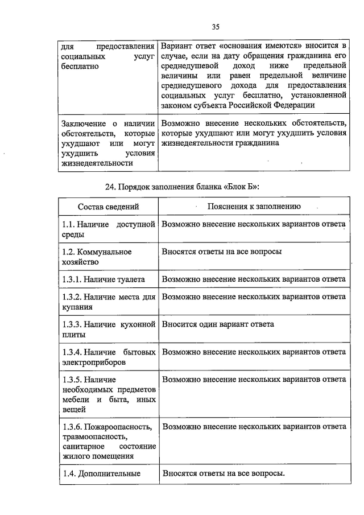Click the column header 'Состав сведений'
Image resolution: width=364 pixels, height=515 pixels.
[x=108, y=207]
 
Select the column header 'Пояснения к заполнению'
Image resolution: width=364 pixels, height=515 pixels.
[x=254, y=207]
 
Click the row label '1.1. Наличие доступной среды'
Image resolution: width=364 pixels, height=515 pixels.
[x=108, y=229]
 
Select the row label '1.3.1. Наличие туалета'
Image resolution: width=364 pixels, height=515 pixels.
[x=104, y=279]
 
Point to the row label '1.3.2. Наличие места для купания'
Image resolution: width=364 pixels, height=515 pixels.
[x=108, y=302]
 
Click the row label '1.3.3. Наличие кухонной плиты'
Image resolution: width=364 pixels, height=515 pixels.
[x=108, y=329]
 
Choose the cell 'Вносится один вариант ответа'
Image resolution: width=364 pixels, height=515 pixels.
[x=218, y=324]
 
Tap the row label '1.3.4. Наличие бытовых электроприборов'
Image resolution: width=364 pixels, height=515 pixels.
[x=108, y=357]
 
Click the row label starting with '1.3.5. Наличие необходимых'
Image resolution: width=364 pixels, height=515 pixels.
[x=108, y=393]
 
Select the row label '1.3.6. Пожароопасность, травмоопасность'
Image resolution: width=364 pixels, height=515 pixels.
[x=108, y=441]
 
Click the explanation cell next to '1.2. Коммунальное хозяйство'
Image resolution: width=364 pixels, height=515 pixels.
[x=222, y=252]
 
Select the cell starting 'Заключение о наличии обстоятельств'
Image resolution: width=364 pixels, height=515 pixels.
[x=108, y=143]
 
